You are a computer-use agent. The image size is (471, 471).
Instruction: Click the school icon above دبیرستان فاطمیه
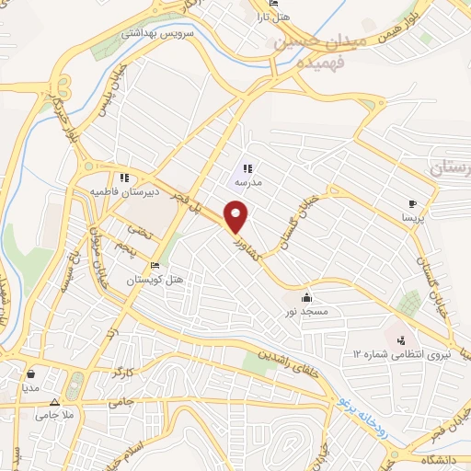[x=123, y=178]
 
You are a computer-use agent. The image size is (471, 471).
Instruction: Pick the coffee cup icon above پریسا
[x=412, y=204]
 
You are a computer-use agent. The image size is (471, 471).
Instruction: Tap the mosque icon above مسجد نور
[x=306, y=297]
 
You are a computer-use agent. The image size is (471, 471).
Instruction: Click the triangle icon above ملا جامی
[x=54, y=403]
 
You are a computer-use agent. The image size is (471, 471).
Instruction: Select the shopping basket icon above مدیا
[x=33, y=374]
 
